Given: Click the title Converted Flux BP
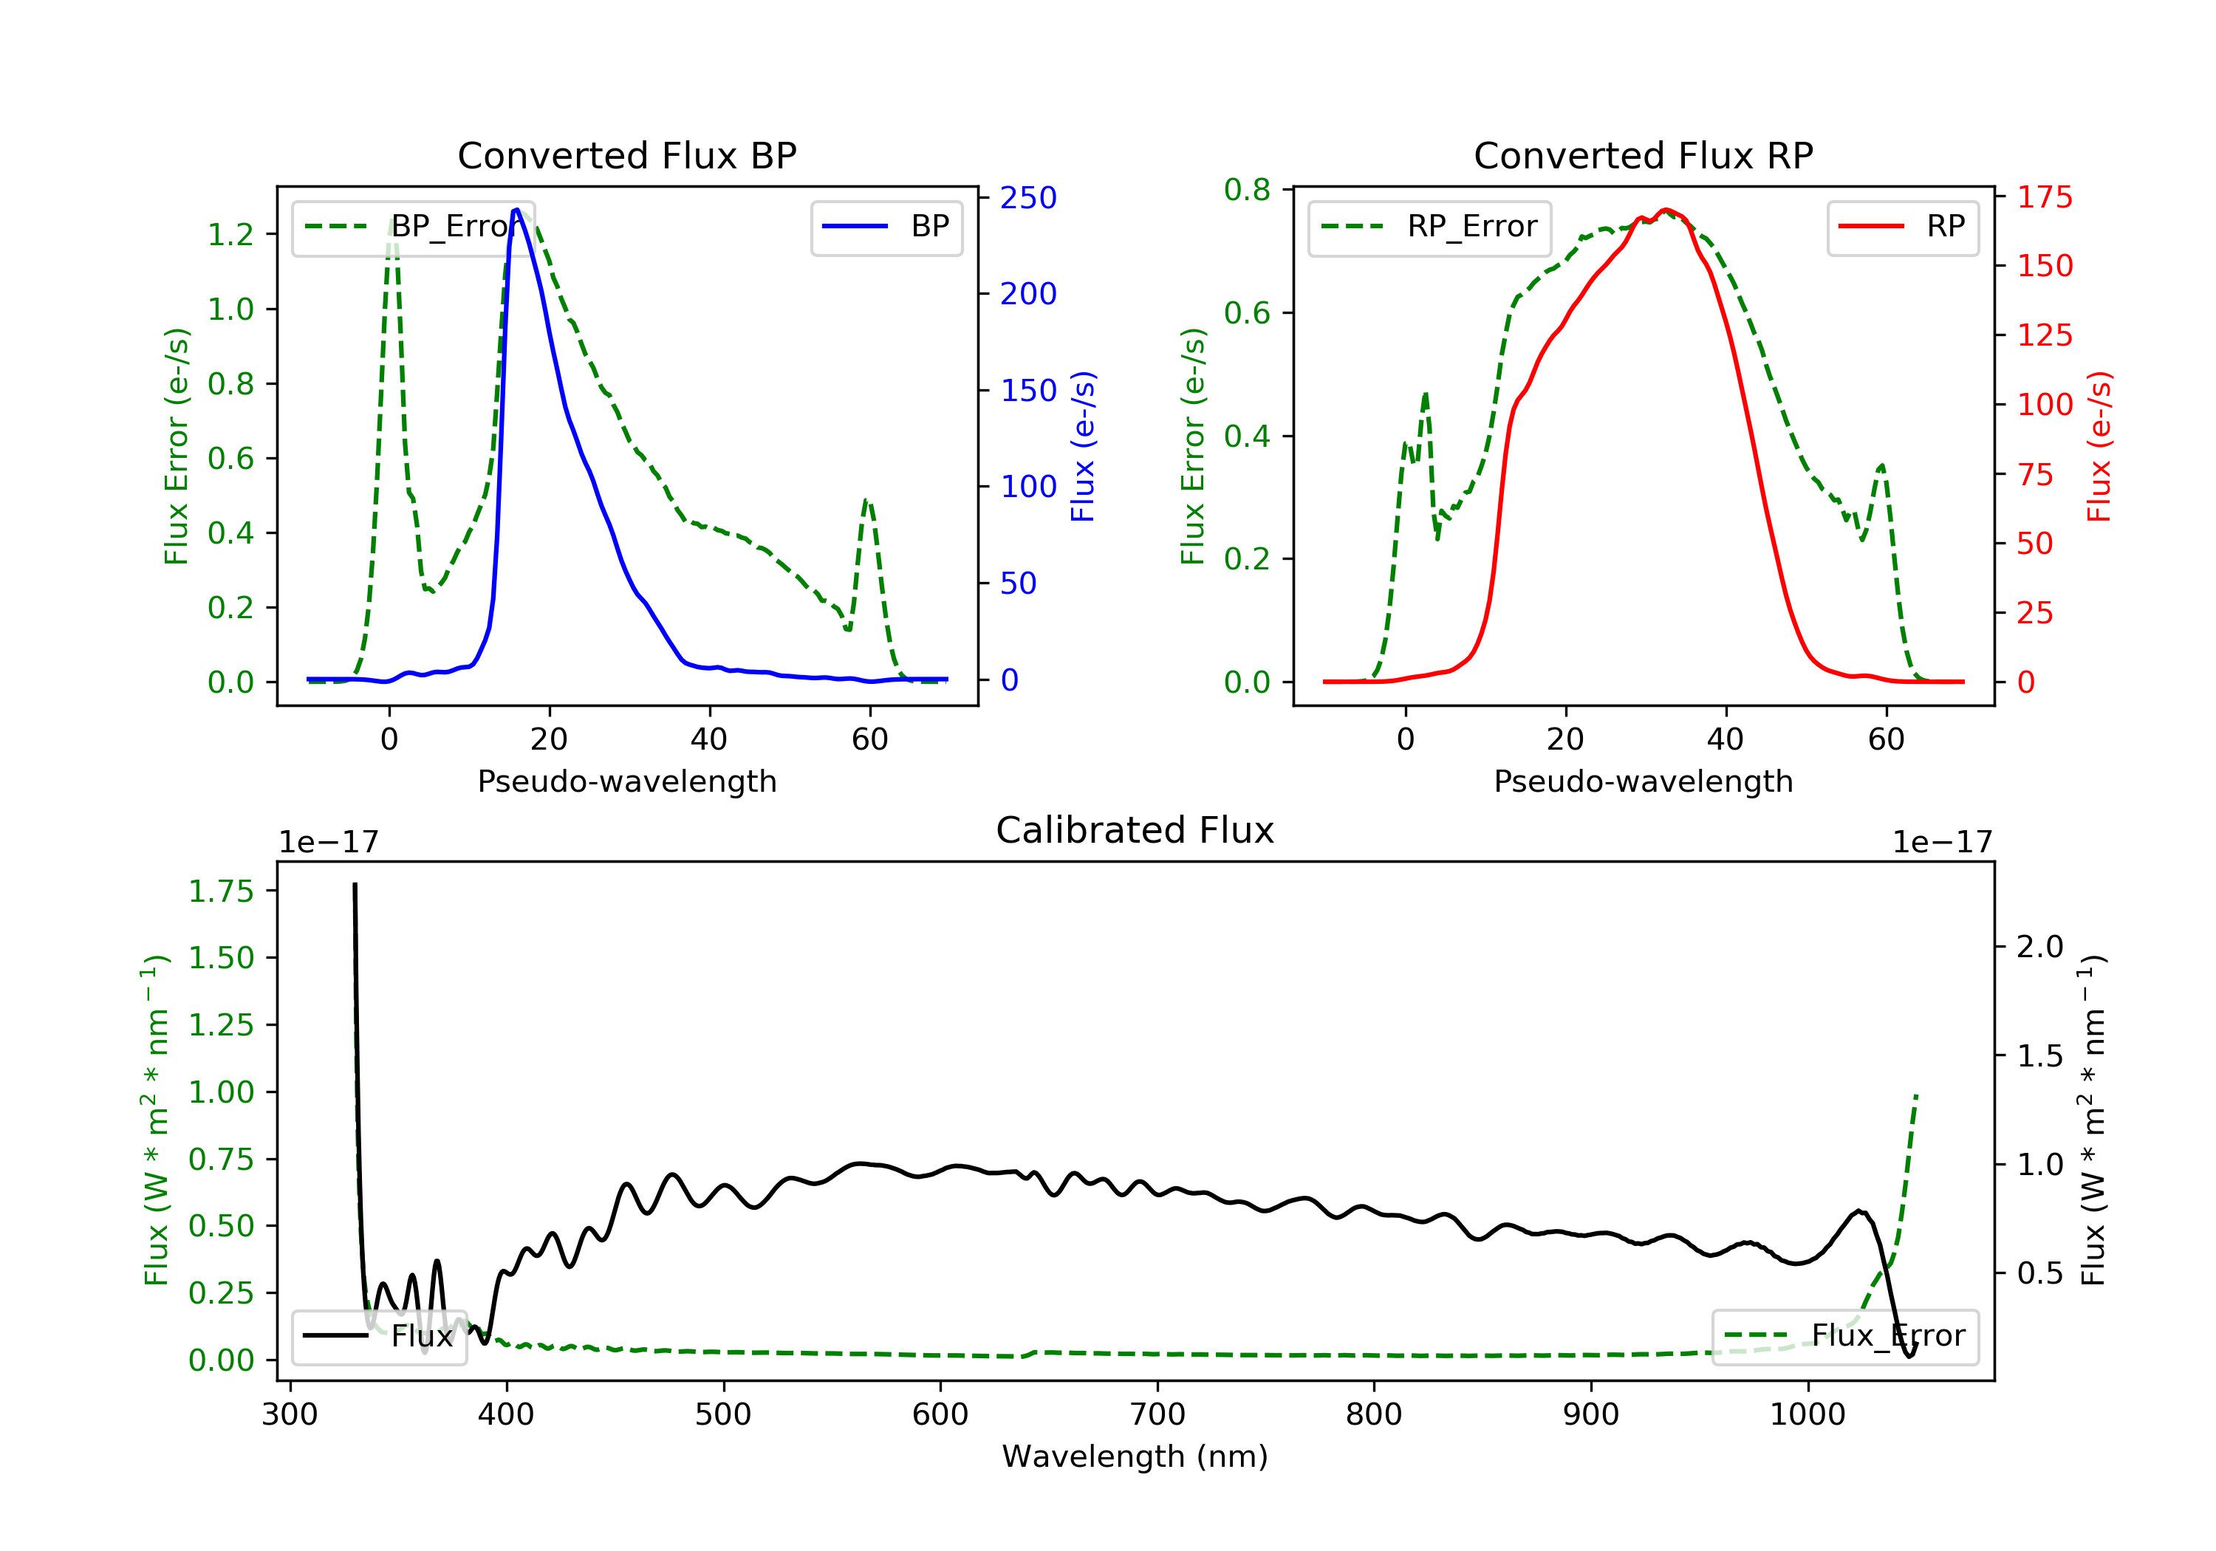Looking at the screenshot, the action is [x=626, y=155].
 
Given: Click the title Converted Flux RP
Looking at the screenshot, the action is [x=1643, y=155].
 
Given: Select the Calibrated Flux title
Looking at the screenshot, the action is [x=1135, y=830].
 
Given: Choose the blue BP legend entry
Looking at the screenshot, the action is [x=886, y=227].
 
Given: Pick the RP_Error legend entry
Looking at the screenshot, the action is [x=1429, y=227].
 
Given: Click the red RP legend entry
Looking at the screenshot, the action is [x=1902, y=227].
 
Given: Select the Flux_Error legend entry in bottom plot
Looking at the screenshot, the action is [x=1844, y=1336].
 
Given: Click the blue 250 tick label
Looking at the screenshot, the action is [x=1028, y=198].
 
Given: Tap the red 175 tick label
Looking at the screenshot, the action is [x=2044, y=198].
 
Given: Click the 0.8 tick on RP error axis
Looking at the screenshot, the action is [x=1247, y=190].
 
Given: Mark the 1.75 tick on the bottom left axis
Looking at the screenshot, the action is [x=221, y=891].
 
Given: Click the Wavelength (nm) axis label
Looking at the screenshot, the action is [x=1135, y=1456].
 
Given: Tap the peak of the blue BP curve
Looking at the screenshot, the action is [x=516, y=210].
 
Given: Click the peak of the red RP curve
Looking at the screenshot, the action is [x=1665, y=210].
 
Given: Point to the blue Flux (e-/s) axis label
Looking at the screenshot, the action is [x=1083, y=446].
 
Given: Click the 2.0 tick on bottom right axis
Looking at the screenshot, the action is [x=2040, y=947].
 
